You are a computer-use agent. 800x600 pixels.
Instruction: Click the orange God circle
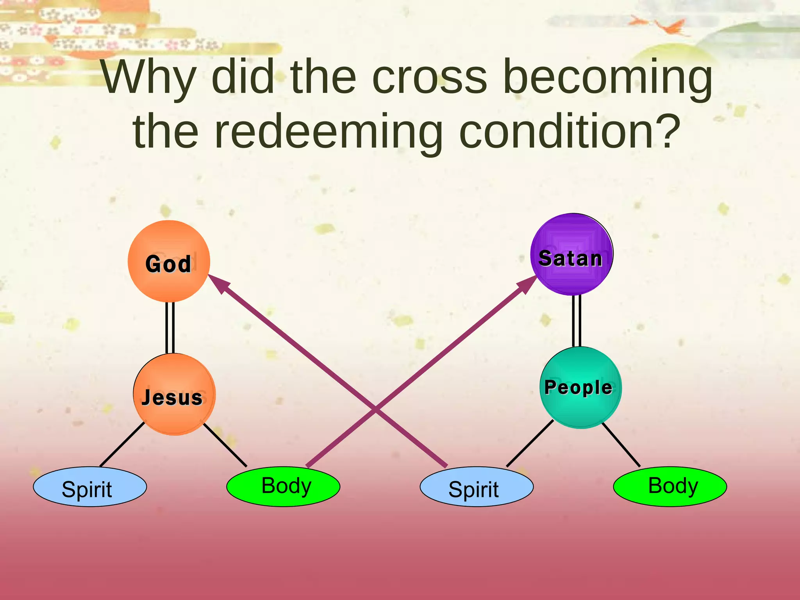pos(169,261)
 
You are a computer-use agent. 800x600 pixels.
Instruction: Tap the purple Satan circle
pos(571,254)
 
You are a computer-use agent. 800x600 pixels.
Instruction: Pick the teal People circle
pos(580,387)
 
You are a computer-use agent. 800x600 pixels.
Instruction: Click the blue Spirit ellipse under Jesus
pos(90,487)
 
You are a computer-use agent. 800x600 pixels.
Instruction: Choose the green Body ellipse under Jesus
pos(283,487)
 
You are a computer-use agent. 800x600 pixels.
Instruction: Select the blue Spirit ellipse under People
pos(477,487)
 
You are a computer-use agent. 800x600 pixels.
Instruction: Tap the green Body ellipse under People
pos(670,487)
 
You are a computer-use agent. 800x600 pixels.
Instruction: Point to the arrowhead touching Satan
pos(527,283)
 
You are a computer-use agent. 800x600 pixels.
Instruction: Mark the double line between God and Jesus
pos(170,327)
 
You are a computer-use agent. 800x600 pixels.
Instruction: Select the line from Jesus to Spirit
pos(122,444)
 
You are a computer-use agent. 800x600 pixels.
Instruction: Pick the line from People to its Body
pos(621,445)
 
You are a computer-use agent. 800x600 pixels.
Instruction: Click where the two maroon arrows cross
pos(376,410)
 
